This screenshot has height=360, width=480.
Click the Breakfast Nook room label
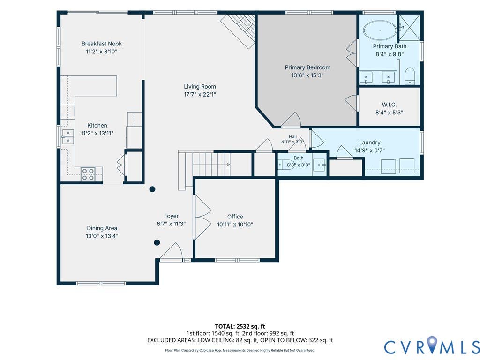[102, 44]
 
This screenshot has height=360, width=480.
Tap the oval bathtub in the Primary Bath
[380, 30]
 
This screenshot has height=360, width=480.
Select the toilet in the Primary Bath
[410, 76]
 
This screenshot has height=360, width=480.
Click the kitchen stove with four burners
[88, 174]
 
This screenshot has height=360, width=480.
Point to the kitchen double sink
[68, 137]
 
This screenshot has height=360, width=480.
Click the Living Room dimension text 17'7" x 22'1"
[200, 95]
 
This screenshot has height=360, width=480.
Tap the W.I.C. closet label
[390, 105]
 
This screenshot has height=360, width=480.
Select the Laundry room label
[370, 142]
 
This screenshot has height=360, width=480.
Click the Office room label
[235, 217]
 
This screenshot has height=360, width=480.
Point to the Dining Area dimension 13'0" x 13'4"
[102, 236]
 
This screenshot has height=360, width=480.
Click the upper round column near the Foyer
[152, 189]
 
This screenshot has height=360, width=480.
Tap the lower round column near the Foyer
[157, 243]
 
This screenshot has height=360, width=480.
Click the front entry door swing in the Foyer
[172, 252]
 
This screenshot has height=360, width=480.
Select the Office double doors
[202, 217]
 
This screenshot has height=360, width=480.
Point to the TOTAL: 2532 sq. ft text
[240, 326]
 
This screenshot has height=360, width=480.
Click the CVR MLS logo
[432, 347]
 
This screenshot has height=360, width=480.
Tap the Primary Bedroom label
[307, 67]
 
